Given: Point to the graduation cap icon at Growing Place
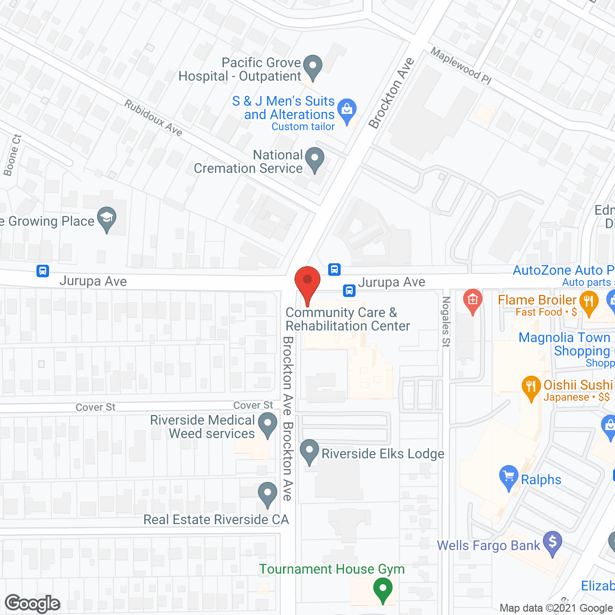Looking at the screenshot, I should point(107,218).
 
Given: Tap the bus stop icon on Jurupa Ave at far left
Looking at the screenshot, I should point(43,271).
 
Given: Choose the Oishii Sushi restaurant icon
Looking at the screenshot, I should point(531,386).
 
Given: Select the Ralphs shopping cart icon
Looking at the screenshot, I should point(509,476).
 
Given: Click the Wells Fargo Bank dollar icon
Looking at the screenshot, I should point(553,542).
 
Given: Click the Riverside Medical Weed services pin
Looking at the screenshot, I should point(268,424).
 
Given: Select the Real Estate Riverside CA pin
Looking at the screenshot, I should point(267,493).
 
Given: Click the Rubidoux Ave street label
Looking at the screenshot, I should point(153,118).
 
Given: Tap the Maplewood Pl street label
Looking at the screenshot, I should point(460,66).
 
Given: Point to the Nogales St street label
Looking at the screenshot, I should point(446,321).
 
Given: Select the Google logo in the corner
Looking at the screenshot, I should point(33,603).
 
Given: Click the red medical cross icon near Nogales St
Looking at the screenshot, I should point(473,300).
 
